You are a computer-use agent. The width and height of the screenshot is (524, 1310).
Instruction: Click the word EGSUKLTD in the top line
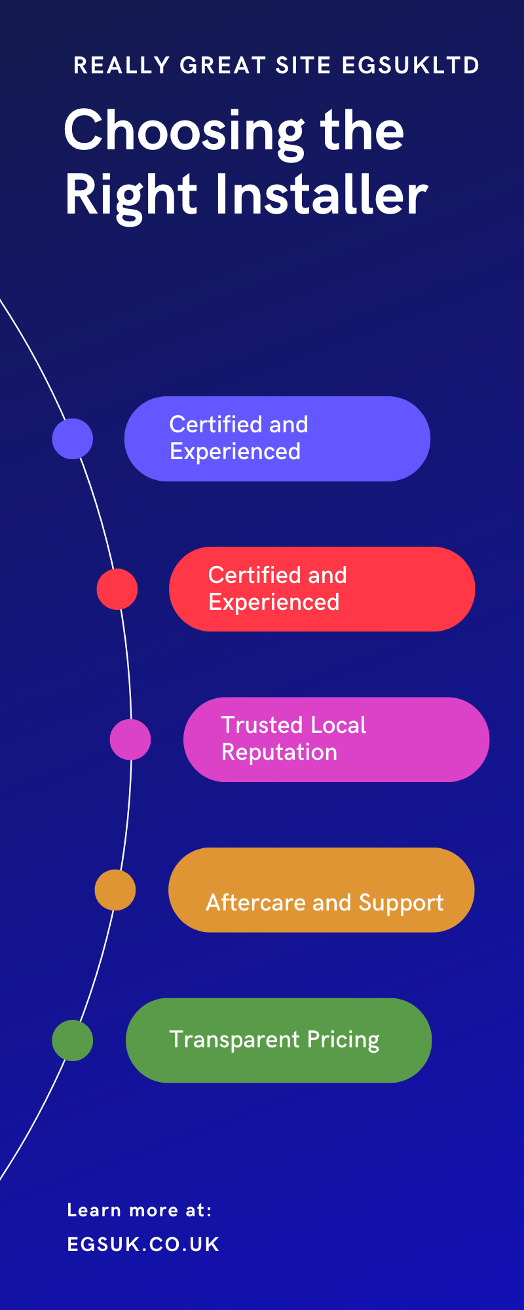pyautogui.click(x=410, y=65)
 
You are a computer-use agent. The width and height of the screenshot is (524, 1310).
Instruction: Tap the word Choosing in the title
pyautogui.click(x=184, y=131)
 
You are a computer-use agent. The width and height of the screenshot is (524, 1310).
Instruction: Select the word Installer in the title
pyautogui.click(x=322, y=195)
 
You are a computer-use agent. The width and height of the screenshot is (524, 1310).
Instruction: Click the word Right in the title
pyautogui.click(x=131, y=195)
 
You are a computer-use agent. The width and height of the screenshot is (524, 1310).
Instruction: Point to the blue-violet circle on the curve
pyautogui.click(x=73, y=438)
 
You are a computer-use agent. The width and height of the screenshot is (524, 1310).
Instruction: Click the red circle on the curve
pyautogui.click(x=117, y=589)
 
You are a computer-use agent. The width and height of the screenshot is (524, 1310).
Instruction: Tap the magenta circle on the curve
pyautogui.click(x=130, y=739)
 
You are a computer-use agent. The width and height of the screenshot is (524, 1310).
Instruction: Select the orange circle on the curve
pyautogui.click(x=115, y=889)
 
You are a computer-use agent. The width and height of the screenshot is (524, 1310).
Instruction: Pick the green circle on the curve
pyautogui.click(x=73, y=1040)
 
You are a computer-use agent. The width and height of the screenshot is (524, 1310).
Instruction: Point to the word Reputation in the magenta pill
pyautogui.click(x=280, y=752)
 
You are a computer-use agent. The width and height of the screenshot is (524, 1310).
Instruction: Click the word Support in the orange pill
pyautogui.click(x=401, y=903)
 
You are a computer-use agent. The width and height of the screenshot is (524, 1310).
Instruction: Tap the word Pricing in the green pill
pyautogui.click(x=343, y=1040)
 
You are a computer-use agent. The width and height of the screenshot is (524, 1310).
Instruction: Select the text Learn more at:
pyautogui.click(x=140, y=1210)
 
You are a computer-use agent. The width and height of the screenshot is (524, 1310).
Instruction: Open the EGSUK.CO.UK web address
pyautogui.click(x=143, y=1244)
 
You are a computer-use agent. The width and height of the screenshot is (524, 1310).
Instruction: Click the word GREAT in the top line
pyautogui.click(x=222, y=65)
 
